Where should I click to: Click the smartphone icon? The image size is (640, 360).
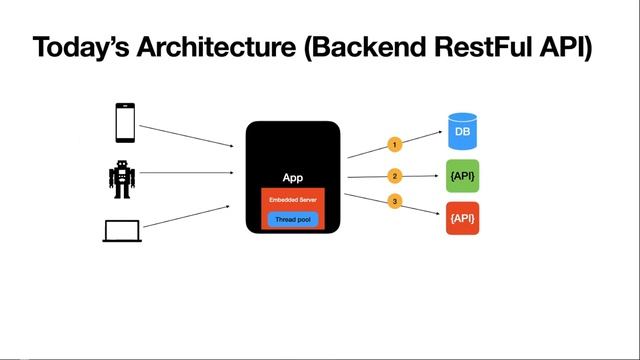pyautogui.click(x=124, y=122)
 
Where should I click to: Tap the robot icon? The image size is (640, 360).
pyautogui.click(x=121, y=178)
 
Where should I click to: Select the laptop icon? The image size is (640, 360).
pyautogui.click(x=120, y=231)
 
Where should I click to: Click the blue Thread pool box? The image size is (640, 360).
pyautogui.click(x=293, y=219)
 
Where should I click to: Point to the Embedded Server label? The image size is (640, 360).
pyautogui.click(x=293, y=200)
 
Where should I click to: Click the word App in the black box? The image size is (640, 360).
pyautogui.click(x=293, y=177)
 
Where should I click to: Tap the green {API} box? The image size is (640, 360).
pyautogui.click(x=463, y=176)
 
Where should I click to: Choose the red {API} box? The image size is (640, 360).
pyautogui.click(x=463, y=218)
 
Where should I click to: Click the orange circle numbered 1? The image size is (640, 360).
pyautogui.click(x=395, y=144)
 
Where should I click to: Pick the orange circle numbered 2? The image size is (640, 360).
pyautogui.click(x=395, y=177)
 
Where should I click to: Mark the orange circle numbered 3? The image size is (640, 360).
pyautogui.click(x=395, y=202)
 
